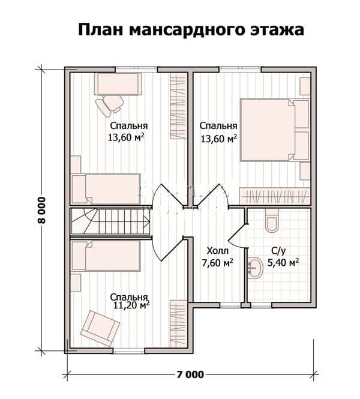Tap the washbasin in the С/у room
pos(255,268)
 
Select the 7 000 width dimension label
pos(190,374)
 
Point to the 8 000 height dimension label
pos(41,210)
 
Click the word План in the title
pos(100,30)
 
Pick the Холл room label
pos(218,251)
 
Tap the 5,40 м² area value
pos(283,262)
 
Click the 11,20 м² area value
pos(131,305)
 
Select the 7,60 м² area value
pos(218,263)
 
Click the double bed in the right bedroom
pos(274,130)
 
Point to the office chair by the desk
pos(109,106)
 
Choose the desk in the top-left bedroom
pos(118,84)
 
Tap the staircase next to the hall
pos(110,221)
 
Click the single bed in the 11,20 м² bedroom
pos(106,256)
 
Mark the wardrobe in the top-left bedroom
pos(179,106)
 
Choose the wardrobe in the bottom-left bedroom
pos(179,323)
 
